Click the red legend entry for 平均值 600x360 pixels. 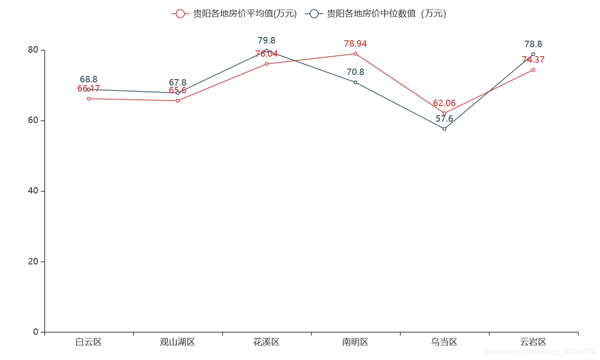pyautogui.click(x=234, y=14)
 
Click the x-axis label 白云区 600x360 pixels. pyautogui.click(x=89, y=342)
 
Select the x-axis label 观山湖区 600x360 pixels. pyautogui.click(x=178, y=342)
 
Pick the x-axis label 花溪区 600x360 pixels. pyautogui.click(x=266, y=342)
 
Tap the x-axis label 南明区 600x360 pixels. pyautogui.click(x=356, y=342)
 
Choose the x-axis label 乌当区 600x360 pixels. pyautogui.click(x=444, y=342)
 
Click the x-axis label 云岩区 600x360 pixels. pyautogui.click(x=533, y=342)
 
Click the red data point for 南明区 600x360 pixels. pyautogui.click(x=356, y=54)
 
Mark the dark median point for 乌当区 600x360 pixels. pyautogui.click(x=444, y=129)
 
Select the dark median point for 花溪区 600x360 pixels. pyautogui.click(x=266, y=51)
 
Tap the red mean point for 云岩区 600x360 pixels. pyautogui.click(x=533, y=70)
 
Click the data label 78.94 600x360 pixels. pyautogui.click(x=356, y=44)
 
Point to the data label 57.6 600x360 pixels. pyautogui.click(x=444, y=119)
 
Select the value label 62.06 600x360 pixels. pyautogui.click(x=444, y=103)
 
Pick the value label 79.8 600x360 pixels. pyautogui.click(x=266, y=41)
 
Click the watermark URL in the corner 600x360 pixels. pyautogui.click(x=540, y=352)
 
